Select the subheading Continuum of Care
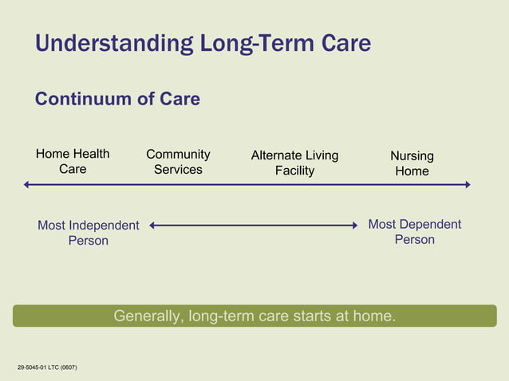click(117, 99)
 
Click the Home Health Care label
click(73, 162)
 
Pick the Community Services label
click(178, 162)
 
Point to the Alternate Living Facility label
click(294, 163)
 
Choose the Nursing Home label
click(412, 163)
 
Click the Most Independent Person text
click(88, 233)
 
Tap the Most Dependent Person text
click(414, 232)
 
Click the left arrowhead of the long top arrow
click(27, 185)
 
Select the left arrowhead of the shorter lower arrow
click(153, 226)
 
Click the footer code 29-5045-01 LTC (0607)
click(47, 367)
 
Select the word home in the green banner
click(375, 316)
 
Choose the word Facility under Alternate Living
click(294, 171)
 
